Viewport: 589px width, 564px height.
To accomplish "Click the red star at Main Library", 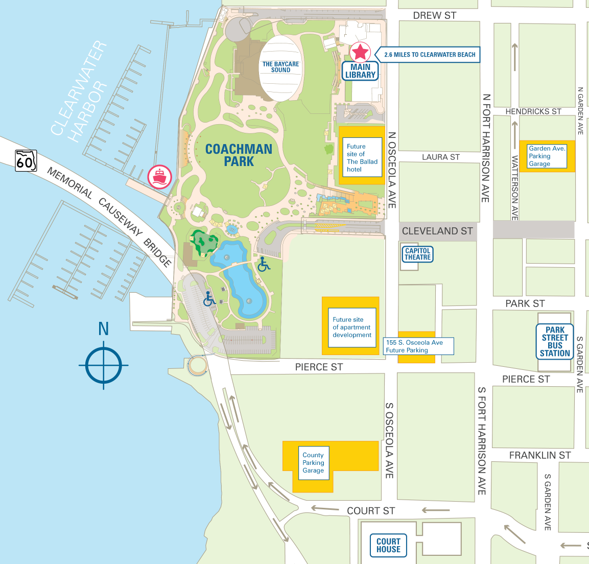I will point(361,52).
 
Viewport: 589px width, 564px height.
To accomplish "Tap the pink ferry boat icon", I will point(160,177).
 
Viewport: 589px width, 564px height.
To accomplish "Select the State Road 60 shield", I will point(26,160).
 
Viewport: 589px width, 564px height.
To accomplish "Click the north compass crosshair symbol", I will point(104,365).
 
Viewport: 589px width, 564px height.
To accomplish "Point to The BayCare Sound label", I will point(280,67).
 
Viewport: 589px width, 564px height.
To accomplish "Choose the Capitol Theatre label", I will point(417,254).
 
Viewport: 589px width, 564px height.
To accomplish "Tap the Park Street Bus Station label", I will point(555,342).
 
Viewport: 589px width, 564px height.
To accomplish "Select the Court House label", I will point(388,545).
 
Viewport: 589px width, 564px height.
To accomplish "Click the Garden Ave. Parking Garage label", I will point(547,156).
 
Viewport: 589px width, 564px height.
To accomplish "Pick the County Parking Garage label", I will point(313,462).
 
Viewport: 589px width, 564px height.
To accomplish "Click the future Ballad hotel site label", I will point(362,158).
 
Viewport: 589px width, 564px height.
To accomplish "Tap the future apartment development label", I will point(352,327).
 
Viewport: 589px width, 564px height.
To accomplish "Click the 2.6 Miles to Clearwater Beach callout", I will point(429,55).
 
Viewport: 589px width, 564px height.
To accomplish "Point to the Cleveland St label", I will point(437,231).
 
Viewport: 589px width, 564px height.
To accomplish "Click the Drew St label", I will point(434,15).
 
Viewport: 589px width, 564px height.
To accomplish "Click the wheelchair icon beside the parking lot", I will point(209,298).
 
